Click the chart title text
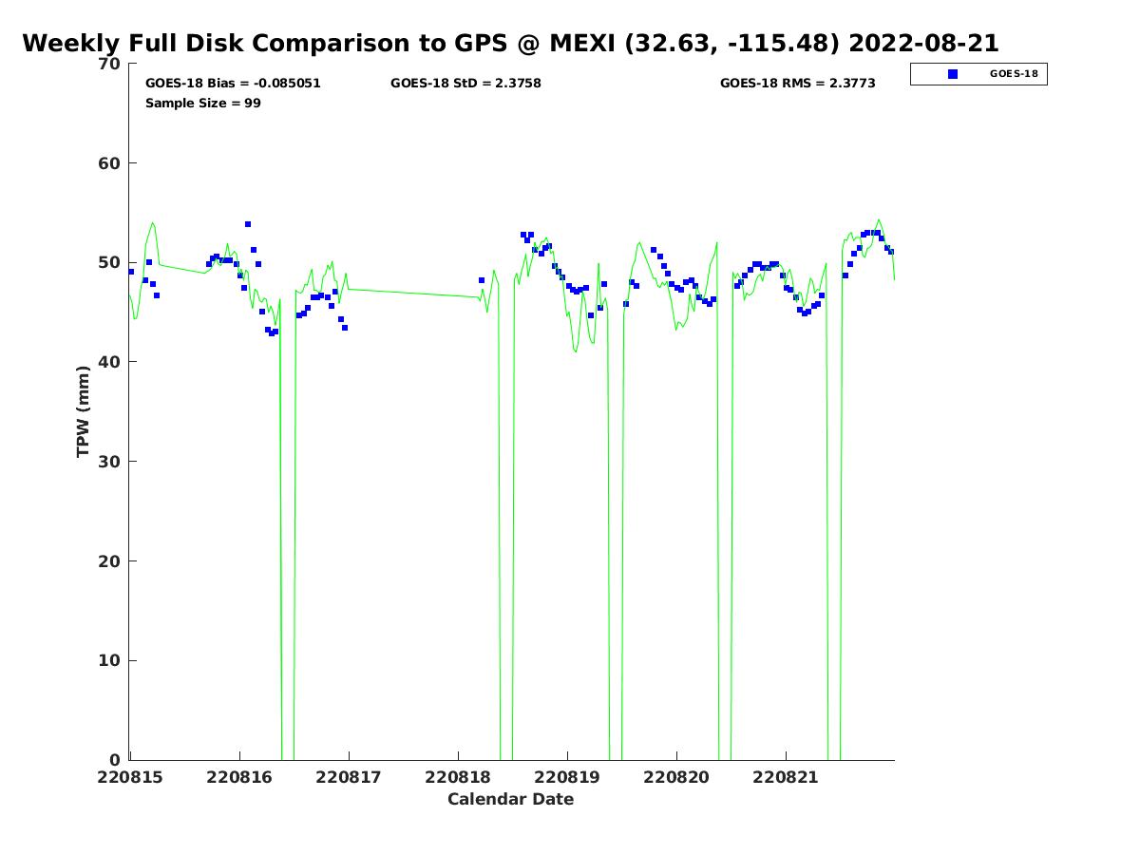coord(510,43)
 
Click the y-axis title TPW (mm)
coord(83,411)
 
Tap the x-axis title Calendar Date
coord(510,798)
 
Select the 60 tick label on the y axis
coord(109,163)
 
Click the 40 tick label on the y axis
coord(109,362)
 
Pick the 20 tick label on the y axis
coord(109,561)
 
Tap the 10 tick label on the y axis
coord(109,661)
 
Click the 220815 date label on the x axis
coord(130,777)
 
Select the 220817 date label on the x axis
coord(349,777)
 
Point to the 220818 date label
coord(458,777)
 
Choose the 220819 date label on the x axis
coord(567,777)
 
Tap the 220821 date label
coord(786,777)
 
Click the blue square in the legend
coord(953,74)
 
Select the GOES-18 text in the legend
coord(1014,74)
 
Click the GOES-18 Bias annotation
coord(233,83)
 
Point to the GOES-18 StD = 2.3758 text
coord(465,83)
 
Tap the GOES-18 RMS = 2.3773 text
coord(798,83)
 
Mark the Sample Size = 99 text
coord(203,103)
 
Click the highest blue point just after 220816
coord(248,224)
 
